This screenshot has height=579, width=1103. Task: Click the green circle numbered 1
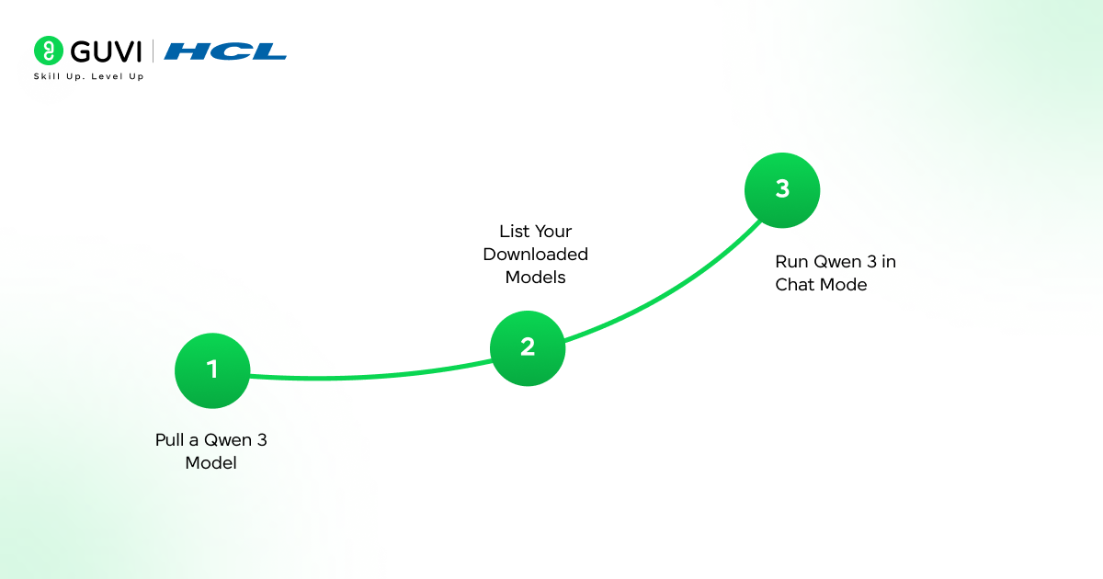click(x=212, y=370)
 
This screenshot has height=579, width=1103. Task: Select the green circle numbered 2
click(x=528, y=347)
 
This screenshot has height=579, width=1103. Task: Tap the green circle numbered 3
click(x=782, y=190)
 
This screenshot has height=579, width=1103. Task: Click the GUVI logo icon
click(x=48, y=51)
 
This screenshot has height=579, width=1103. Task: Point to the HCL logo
click(x=225, y=51)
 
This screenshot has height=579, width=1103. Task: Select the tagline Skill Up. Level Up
click(x=88, y=76)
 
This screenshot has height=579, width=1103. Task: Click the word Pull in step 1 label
click(x=170, y=440)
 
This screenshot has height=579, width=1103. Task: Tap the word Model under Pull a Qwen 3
click(x=211, y=463)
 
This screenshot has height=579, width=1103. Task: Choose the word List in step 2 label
click(x=514, y=232)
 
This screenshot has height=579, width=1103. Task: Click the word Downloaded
click(x=536, y=255)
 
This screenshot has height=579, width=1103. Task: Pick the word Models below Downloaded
click(x=536, y=278)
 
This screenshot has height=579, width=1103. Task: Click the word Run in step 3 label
click(x=791, y=262)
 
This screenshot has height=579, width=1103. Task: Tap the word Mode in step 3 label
click(x=843, y=285)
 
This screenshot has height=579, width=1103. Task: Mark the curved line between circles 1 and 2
click(x=368, y=376)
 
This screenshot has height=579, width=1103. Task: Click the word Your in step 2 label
click(x=553, y=232)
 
